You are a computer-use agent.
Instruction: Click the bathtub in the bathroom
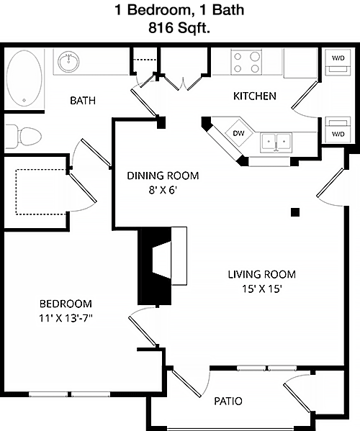24,79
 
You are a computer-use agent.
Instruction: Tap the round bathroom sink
68,62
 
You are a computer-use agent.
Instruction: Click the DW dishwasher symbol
238,133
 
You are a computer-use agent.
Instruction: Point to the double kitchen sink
276,142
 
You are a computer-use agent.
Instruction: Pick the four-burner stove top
246,62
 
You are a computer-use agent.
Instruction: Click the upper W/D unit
338,62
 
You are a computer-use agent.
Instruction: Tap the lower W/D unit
338,130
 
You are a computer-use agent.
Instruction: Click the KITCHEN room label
255,96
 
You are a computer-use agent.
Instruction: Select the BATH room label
83,101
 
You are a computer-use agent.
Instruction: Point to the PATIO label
228,401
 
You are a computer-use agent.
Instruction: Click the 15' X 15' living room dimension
262,289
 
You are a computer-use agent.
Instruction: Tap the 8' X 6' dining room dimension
163,190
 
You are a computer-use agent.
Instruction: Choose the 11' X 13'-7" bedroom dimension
66,318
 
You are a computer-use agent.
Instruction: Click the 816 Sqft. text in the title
179,28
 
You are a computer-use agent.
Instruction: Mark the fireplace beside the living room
162,266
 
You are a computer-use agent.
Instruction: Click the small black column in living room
295,212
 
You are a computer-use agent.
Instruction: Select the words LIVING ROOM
262,274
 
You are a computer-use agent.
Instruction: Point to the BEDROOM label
66,304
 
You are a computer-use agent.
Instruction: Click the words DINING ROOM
163,176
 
